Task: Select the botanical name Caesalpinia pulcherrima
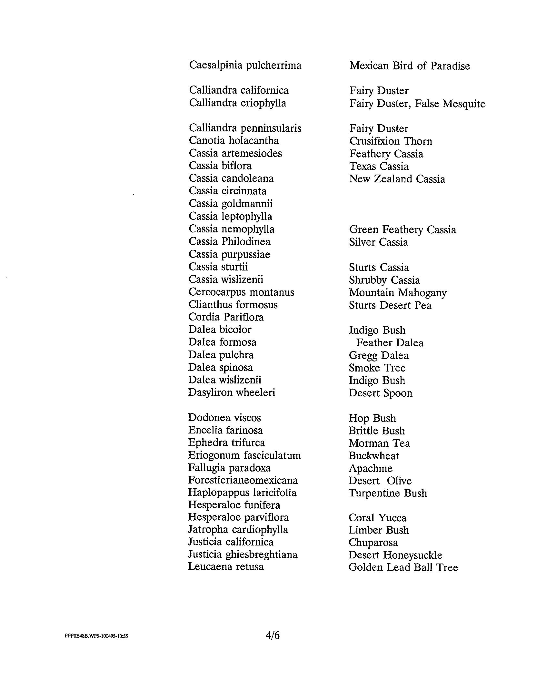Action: click(245, 66)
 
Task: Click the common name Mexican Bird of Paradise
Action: click(410, 66)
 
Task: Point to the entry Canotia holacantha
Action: click(234, 141)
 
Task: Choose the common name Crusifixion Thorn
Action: click(391, 141)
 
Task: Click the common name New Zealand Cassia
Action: click(397, 179)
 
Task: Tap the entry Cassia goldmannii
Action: click(231, 204)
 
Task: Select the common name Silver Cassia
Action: click(378, 242)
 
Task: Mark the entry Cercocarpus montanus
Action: click(241, 292)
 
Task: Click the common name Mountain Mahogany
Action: click(398, 293)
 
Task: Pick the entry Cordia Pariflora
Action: click(226, 317)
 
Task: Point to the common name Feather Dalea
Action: click(390, 343)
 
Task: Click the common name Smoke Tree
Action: click(377, 368)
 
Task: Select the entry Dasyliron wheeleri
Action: click(232, 393)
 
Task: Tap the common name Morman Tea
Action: click(379, 443)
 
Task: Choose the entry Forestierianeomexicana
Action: click(243, 481)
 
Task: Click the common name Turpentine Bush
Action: click(388, 494)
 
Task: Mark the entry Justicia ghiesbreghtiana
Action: click(243, 555)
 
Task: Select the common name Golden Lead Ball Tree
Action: click(403, 568)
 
